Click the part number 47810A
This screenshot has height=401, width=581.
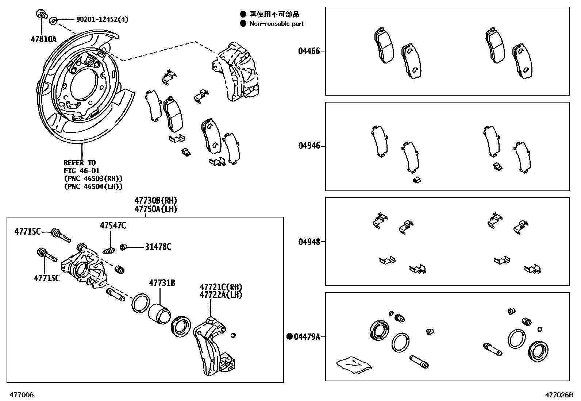[x=43, y=39]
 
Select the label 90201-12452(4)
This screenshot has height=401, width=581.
[x=102, y=19]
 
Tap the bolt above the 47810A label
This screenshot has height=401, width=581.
[x=41, y=15]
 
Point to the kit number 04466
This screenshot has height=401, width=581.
[x=309, y=51]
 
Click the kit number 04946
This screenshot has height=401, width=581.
[x=309, y=146]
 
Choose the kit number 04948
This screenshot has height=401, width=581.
[x=309, y=242]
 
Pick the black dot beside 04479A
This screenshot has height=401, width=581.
[x=290, y=336]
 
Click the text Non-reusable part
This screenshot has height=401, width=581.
[x=276, y=24]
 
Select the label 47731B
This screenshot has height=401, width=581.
[x=162, y=283]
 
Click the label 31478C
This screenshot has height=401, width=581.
[x=158, y=247]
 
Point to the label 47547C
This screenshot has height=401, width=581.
[x=113, y=226]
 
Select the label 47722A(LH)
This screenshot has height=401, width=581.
[x=221, y=295]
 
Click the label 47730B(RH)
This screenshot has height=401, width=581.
[x=155, y=201]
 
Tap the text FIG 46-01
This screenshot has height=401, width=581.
[x=82, y=171]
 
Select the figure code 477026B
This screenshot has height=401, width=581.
[x=559, y=395]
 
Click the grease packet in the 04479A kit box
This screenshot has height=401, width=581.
[x=353, y=365]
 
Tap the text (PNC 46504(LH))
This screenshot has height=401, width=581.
[x=93, y=186]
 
